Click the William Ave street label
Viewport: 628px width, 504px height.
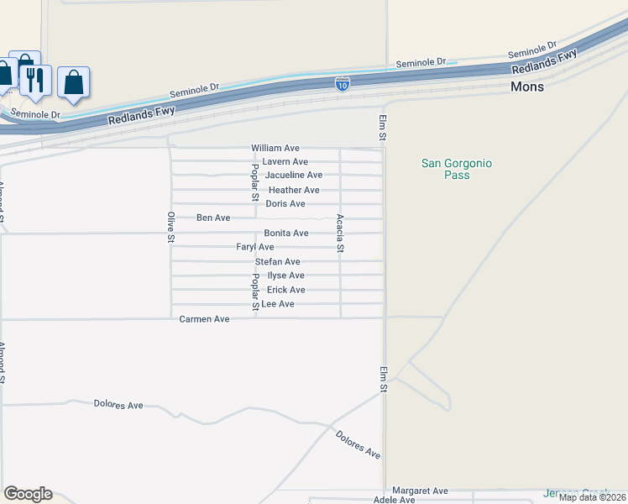(x=275, y=148)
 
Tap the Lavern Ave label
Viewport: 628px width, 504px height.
(x=285, y=161)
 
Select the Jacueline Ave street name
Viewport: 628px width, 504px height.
(x=294, y=175)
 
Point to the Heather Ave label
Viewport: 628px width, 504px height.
(x=294, y=190)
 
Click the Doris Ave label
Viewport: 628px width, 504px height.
(x=285, y=204)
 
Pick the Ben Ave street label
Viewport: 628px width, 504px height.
(x=213, y=218)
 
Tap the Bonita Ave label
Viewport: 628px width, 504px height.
(x=286, y=233)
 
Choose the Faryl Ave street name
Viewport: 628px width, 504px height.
(x=255, y=247)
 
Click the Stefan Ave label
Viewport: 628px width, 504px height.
(x=277, y=262)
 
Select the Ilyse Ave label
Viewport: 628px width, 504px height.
(x=285, y=276)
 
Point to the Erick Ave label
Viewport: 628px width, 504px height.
(x=285, y=290)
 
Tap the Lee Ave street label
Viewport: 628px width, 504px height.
(x=278, y=303)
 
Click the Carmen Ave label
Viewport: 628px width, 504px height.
(x=205, y=319)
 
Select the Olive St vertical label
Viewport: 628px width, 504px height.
(x=170, y=227)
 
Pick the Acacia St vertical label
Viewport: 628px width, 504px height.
(x=340, y=234)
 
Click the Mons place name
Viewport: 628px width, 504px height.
(x=527, y=87)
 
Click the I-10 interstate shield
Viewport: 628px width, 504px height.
(x=342, y=83)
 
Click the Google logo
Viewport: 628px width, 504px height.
(x=28, y=494)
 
